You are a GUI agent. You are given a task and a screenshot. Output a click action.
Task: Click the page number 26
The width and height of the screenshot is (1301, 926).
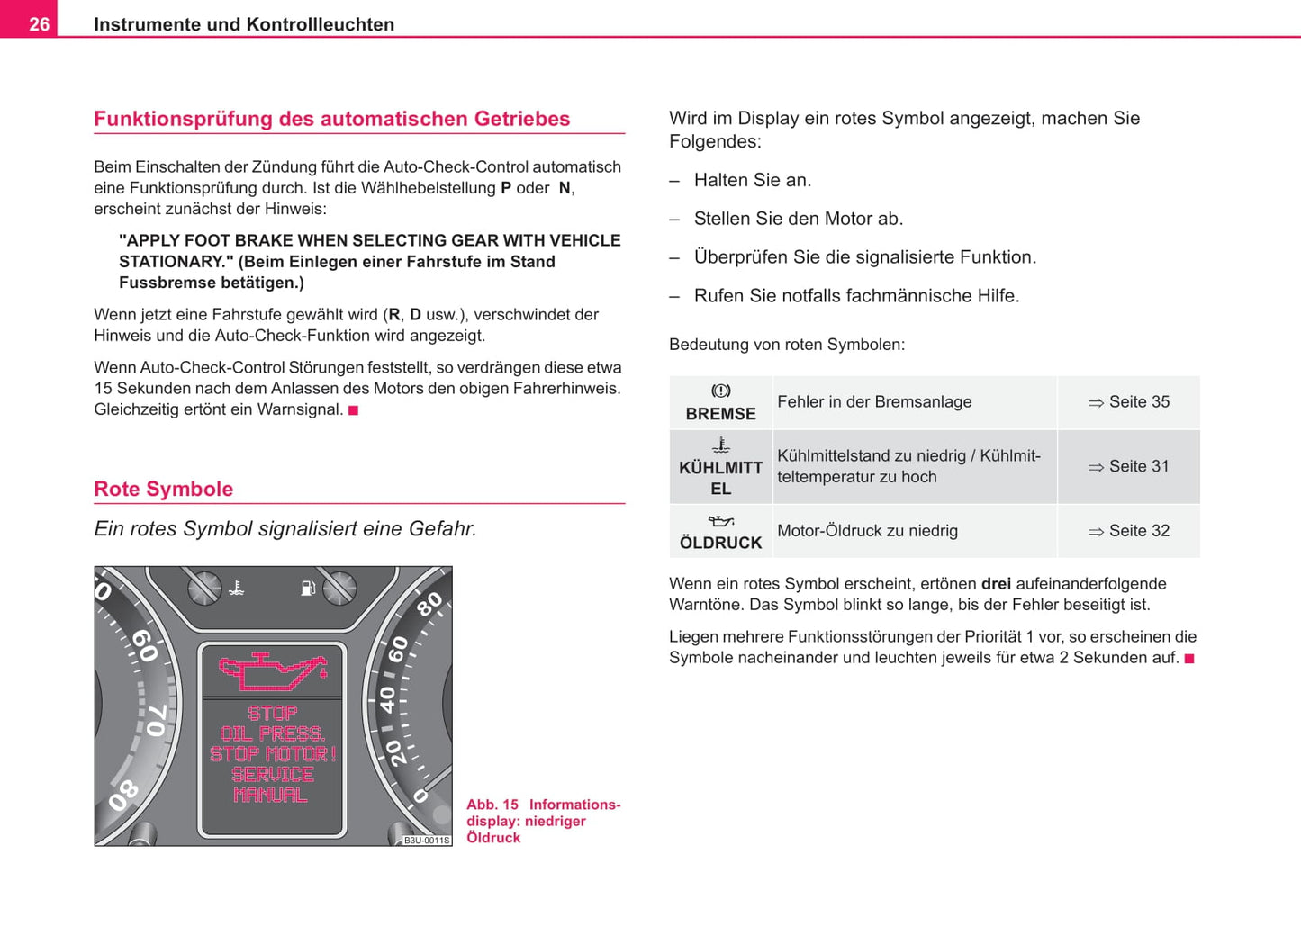(39, 24)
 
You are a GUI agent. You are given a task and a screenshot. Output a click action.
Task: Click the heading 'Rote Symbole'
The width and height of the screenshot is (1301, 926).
(163, 489)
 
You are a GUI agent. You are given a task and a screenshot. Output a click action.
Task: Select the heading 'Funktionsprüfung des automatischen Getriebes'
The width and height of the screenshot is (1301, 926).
(331, 119)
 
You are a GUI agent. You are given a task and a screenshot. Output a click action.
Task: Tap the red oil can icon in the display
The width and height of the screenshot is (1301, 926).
(272, 670)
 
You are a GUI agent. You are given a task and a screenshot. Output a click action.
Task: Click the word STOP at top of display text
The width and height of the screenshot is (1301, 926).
(272, 713)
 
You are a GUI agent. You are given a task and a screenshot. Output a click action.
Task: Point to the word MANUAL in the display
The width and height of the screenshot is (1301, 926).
(270, 795)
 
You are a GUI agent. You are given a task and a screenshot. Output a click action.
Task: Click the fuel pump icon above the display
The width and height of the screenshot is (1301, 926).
(308, 589)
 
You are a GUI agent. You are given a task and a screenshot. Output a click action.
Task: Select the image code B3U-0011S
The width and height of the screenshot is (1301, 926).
(426, 841)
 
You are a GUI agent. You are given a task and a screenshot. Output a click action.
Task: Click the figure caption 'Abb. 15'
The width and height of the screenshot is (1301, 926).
(492, 805)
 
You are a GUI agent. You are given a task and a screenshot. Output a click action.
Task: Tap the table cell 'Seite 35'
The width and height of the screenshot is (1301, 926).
(1129, 402)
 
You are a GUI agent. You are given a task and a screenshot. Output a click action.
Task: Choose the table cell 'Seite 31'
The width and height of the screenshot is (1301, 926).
(1129, 466)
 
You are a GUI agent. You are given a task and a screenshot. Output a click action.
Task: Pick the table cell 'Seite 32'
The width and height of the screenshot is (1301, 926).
(1129, 531)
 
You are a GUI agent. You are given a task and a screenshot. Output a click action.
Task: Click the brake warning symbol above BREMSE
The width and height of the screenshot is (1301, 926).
(721, 391)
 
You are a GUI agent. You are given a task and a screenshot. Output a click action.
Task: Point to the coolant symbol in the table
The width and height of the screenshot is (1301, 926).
(721, 445)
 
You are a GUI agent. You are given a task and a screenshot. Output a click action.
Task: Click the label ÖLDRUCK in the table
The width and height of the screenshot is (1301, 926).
(720, 543)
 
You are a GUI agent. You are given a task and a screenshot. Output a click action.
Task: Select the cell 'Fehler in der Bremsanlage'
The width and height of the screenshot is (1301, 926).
(874, 402)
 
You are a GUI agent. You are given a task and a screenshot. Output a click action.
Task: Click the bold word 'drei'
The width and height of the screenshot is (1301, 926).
(996, 584)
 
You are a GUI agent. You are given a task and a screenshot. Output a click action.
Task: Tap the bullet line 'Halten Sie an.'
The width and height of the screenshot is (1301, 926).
(752, 180)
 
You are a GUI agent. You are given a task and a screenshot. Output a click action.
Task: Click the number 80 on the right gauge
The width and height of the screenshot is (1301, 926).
(429, 604)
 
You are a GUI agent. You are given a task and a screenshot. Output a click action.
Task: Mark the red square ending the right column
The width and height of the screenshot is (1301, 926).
(1189, 659)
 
